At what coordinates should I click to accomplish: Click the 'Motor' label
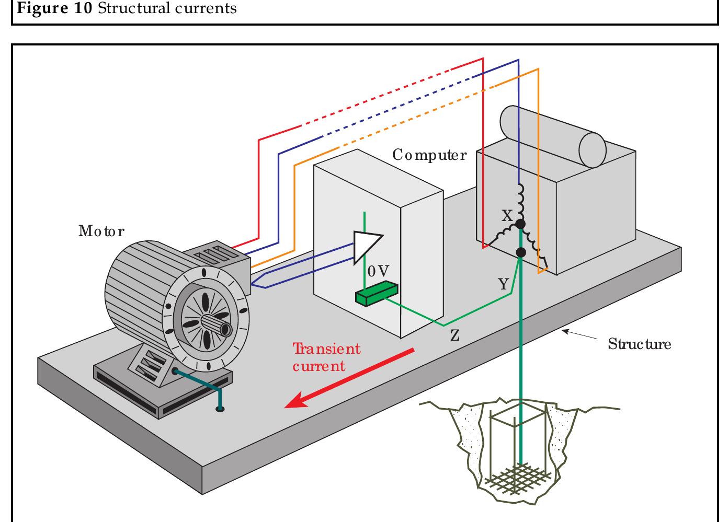(101, 231)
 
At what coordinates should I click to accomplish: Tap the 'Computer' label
(429, 155)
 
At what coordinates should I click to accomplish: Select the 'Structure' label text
(639, 344)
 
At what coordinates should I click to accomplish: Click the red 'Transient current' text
(326, 357)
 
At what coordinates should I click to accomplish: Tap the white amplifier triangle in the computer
(367, 245)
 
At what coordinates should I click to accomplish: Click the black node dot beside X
(520, 225)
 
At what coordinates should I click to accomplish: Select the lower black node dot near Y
(521, 253)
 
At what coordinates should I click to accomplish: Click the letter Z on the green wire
(455, 335)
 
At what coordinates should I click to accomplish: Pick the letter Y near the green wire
(503, 284)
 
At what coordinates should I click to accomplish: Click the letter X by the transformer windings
(507, 216)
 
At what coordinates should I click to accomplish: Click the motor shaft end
(226, 330)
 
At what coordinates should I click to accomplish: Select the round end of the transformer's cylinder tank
(592, 149)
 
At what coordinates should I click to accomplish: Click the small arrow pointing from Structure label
(578, 335)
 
